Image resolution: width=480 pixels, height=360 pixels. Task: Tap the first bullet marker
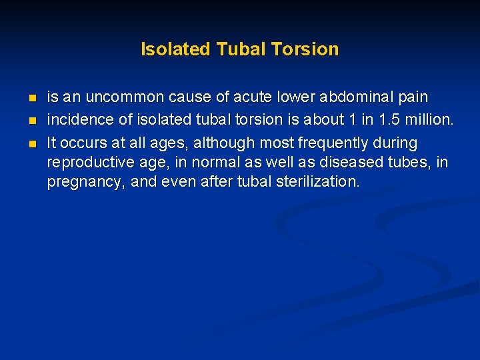[x=33, y=98]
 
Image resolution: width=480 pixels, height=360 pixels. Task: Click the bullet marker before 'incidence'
[x=33, y=121]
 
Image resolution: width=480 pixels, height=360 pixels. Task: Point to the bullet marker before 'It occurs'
[x=33, y=143]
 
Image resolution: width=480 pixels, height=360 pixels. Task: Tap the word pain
[x=412, y=97]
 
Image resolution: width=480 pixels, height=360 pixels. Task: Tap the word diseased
[x=357, y=162]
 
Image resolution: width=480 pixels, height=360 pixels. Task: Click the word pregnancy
[x=85, y=181]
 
